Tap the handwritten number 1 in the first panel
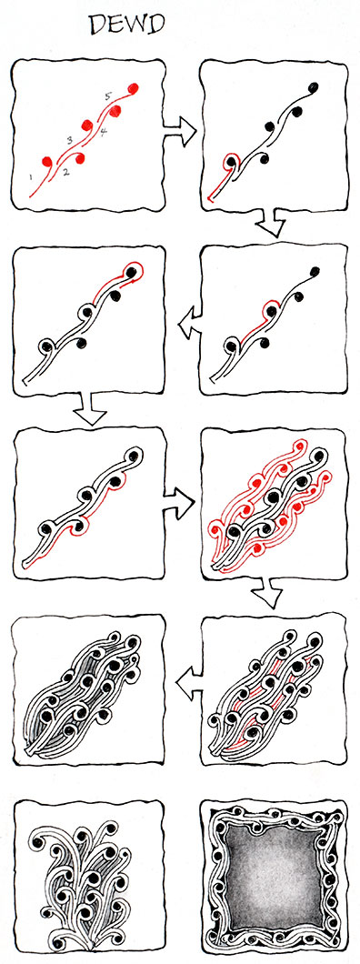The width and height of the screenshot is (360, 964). [x=30, y=177]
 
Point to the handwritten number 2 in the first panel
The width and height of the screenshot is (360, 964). [x=66, y=172]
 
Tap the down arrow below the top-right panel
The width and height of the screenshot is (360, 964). [x=271, y=223]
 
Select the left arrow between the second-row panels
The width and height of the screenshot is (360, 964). [x=188, y=323]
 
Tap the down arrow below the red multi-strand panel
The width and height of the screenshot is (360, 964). [x=267, y=593]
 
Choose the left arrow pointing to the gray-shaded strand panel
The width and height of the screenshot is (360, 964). [x=189, y=683]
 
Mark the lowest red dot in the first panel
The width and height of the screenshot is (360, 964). [x=46, y=162]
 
